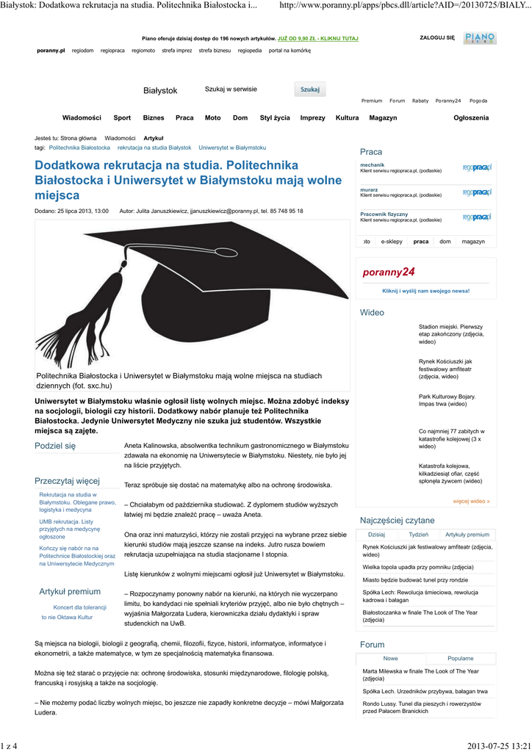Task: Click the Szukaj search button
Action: (x=309, y=90)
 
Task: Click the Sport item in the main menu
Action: (x=122, y=117)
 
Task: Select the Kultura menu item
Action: (x=347, y=117)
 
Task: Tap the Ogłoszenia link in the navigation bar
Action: (x=470, y=117)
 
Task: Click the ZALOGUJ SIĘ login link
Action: (x=436, y=37)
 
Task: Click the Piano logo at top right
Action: (x=479, y=37)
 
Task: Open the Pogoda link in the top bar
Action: (x=478, y=101)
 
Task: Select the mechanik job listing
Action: (x=373, y=165)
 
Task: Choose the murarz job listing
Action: (x=369, y=189)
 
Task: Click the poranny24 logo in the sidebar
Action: (x=389, y=272)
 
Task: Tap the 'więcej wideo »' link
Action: (x=471, y=502)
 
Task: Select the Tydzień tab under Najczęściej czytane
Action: (x=419, y=535)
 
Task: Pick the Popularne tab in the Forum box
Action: (x=460, y=659)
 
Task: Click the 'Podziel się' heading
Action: (x=55, y=446)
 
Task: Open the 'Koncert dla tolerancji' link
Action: (x=80, y=607)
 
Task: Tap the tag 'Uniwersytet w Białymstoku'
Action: (x=232, y=148)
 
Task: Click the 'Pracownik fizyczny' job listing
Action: (x=384, y=214)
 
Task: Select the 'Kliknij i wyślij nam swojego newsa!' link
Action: (x=425, y=291)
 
